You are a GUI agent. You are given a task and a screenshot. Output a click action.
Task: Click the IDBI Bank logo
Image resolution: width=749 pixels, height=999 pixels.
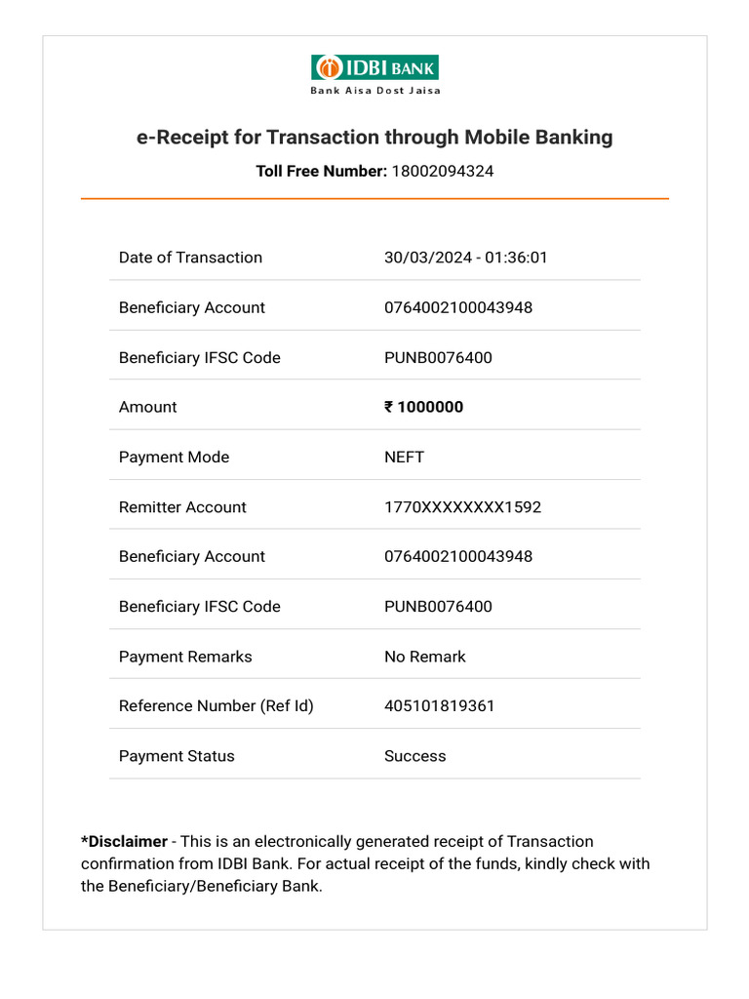[x=374, y=67]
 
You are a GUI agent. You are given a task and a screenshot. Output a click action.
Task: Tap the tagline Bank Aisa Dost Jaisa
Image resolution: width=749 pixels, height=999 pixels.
[x=374, y=91]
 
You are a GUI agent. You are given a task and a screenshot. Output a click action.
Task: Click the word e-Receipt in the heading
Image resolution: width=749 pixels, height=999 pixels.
[x=182, y=138]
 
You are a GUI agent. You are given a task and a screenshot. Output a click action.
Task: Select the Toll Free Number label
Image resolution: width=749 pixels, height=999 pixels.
[x=321, y=172]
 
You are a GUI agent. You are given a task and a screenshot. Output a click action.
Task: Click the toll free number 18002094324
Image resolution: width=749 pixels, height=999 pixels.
[x=442, y=172]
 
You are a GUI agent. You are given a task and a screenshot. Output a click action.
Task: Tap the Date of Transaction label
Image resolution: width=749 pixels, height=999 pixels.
[x=190, y=258]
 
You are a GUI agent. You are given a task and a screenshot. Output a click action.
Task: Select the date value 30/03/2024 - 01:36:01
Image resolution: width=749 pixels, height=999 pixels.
[x=465, y=258]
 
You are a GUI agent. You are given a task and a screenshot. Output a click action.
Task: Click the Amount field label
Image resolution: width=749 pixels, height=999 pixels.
[x=148, y=408]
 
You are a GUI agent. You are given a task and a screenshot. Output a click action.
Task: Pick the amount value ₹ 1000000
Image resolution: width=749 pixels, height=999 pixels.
[x=423, y=408]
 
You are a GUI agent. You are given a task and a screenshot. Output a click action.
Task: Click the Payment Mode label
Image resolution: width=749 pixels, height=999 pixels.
[x=174, y=458]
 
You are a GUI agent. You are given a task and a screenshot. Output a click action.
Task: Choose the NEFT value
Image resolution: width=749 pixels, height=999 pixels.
[x=404, y=458]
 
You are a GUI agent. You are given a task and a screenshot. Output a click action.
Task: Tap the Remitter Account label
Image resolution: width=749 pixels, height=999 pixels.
[x=182, y=507]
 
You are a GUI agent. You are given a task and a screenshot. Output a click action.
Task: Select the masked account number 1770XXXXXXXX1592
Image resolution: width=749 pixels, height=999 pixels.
[x=462, y=507]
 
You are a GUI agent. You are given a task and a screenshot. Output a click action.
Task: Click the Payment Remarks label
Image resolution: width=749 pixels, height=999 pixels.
[x=185, y=657]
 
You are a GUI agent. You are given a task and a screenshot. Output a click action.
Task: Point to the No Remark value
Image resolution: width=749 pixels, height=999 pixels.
[x=424, y=657]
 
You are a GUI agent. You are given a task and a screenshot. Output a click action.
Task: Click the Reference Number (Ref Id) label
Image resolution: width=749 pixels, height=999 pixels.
[x=216, y=706]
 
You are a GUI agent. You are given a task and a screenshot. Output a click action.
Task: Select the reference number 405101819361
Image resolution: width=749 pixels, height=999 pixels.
[x=439, y=706]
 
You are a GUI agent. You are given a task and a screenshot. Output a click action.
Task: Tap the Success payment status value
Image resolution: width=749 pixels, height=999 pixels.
[x=414, y=756]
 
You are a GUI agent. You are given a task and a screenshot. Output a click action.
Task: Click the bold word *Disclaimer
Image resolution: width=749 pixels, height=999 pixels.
[x=124, y=842]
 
